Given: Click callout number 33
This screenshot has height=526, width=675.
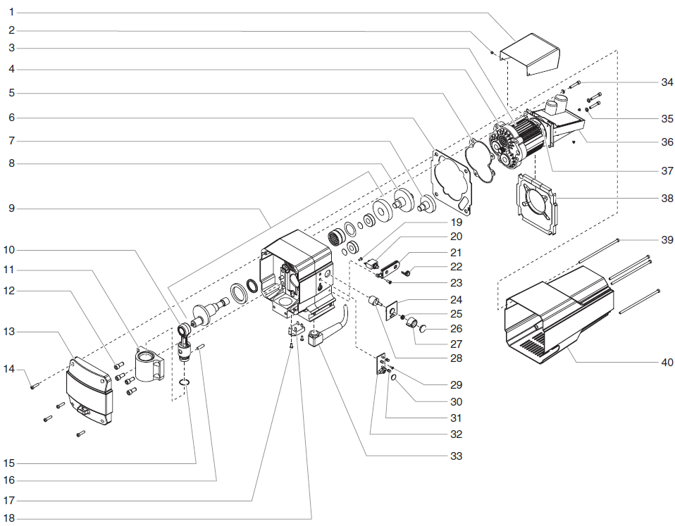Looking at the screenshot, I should [456, 456].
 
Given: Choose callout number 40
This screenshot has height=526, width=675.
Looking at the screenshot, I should [667, 363].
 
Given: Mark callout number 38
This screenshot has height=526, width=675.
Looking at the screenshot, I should [667, 199].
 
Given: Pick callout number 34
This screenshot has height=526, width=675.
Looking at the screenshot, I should [667, 82].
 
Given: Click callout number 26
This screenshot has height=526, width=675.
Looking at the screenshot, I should [456, 328].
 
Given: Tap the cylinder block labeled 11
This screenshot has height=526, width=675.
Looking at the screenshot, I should [149, 361].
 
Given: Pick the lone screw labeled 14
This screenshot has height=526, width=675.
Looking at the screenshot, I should [32, 384].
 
